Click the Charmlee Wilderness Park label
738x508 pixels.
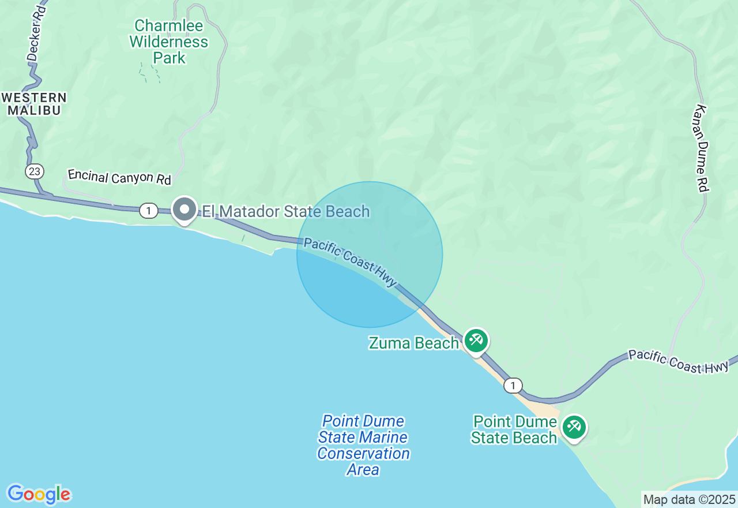[169, 42]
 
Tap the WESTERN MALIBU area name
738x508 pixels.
[35, 104]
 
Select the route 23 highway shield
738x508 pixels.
[33, 171]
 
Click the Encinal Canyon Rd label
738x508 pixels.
[119, 177]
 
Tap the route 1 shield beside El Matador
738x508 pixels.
[149, 211]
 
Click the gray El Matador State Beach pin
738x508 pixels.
[184, 210]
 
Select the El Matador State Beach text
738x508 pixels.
[285, 211]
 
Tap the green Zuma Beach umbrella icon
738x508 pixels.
[476, 340]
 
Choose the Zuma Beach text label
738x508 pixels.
[413, 343]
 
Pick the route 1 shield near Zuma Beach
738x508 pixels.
[513, 385]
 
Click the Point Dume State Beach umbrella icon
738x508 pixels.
[574, 427]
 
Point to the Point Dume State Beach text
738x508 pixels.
[514, 429]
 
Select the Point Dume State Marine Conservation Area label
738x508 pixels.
[363, 445]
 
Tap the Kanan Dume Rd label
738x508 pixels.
[701, 148]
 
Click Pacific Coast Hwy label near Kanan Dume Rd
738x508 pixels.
[678, 361]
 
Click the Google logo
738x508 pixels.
[39, 494]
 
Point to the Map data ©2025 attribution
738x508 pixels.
[689, 499]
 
